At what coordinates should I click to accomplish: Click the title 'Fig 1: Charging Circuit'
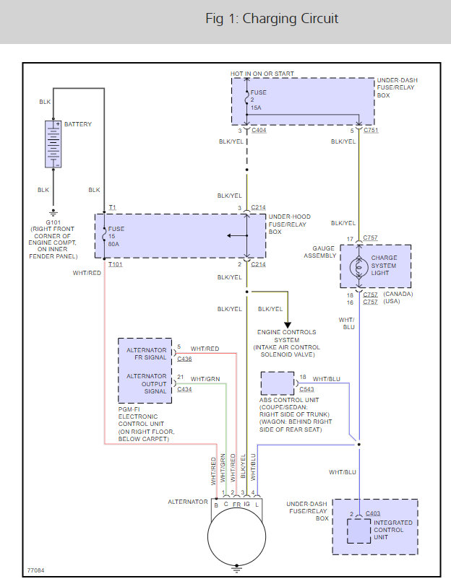click(x=272, y=19)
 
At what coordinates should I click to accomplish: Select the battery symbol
click(x=53, y=144)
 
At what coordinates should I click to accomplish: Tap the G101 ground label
click(x=53, y=222)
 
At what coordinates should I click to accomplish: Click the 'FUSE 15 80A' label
click(x=116, y=237)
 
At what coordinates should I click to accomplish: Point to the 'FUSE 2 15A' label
click(x=258, y=100)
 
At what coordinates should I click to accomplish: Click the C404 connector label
click(x=259, y=130)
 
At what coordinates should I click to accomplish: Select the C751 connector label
click(x=371, y=130)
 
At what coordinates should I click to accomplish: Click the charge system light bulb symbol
click(x=359, y=267)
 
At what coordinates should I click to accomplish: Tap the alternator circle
click(x=236, y=536)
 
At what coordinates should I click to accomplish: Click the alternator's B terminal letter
click(x=216, y=505)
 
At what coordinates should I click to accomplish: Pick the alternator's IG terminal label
click(x=246, y=505)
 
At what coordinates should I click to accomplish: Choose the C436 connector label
click(x=184, y=359)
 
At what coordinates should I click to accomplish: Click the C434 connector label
click(x=184, y=389)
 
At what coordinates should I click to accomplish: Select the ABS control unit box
click(x=277, y=383)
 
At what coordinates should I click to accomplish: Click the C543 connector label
click(x=306, y=389)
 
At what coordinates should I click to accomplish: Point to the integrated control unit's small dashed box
click(x=359, y=531)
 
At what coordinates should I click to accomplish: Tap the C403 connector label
click(x=373, y=513)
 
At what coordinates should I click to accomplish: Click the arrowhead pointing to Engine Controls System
click(x=288, y=325)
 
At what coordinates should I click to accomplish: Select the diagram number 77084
click(x=36, y=570)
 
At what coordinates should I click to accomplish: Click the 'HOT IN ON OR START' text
click(x=262, y=74)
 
